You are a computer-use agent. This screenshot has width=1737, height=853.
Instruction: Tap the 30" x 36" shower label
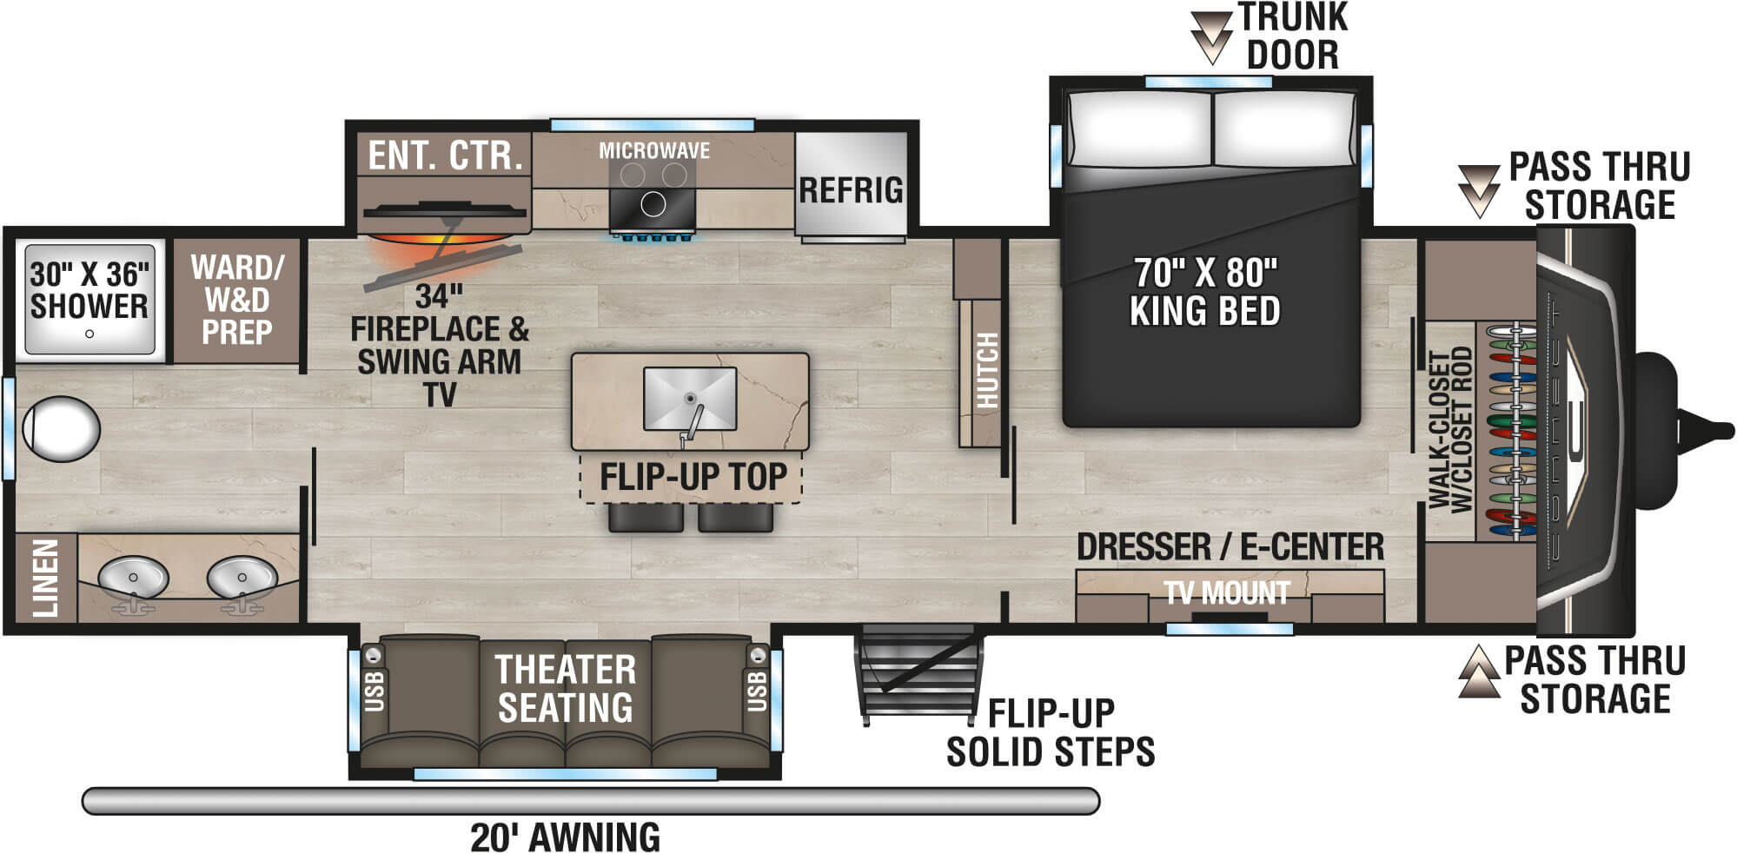coord(89,290)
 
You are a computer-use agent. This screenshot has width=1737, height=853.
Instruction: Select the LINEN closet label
coord(45,578)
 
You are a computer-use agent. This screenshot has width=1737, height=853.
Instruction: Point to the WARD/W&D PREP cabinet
coord(236,300)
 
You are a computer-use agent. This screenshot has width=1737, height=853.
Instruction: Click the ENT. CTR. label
coord(445,155)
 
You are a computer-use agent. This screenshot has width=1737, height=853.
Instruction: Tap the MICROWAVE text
coord(653,151)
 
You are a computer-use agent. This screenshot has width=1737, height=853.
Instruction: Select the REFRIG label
coord(851,190)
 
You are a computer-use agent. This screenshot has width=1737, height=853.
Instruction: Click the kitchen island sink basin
coord(690,397)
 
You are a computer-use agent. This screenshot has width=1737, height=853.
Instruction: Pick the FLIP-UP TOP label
coord(692,477)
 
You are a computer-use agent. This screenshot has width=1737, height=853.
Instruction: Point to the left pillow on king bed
coord(1138,129)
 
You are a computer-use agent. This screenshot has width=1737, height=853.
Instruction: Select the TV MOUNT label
coord(1226,593)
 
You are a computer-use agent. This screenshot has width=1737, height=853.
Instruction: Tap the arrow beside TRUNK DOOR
coord(1210,36)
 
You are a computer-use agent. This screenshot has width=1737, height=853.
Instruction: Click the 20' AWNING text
coord(565,837)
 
